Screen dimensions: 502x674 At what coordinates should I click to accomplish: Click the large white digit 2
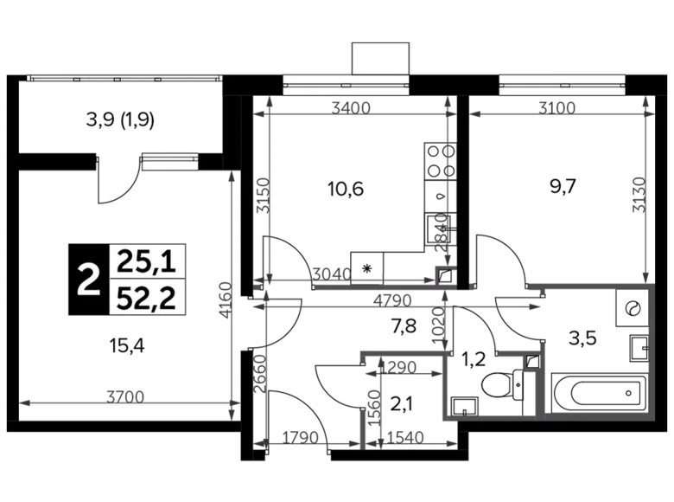pos(87,281)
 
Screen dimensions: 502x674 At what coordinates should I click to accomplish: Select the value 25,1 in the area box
pos(148,259)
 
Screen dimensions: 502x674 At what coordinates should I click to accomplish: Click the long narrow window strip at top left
pos(124,78)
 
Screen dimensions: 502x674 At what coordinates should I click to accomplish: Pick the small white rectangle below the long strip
pos(170,161)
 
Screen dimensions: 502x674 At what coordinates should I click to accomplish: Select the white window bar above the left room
pos(346,84)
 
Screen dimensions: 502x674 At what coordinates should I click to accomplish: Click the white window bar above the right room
pos(562,84)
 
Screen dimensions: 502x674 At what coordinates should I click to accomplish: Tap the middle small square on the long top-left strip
pos(117,80)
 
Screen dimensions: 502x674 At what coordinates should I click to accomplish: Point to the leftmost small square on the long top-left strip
pos(76,80)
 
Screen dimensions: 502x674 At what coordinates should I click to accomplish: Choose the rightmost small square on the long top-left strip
pos(157,80)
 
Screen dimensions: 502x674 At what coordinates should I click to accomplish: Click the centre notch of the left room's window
pos(346,87)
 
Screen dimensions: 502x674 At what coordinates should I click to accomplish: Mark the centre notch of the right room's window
pos(562,87)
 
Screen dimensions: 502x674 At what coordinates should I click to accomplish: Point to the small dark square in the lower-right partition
pos(533,360)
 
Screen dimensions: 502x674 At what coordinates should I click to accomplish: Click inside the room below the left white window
pos(354,190)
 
